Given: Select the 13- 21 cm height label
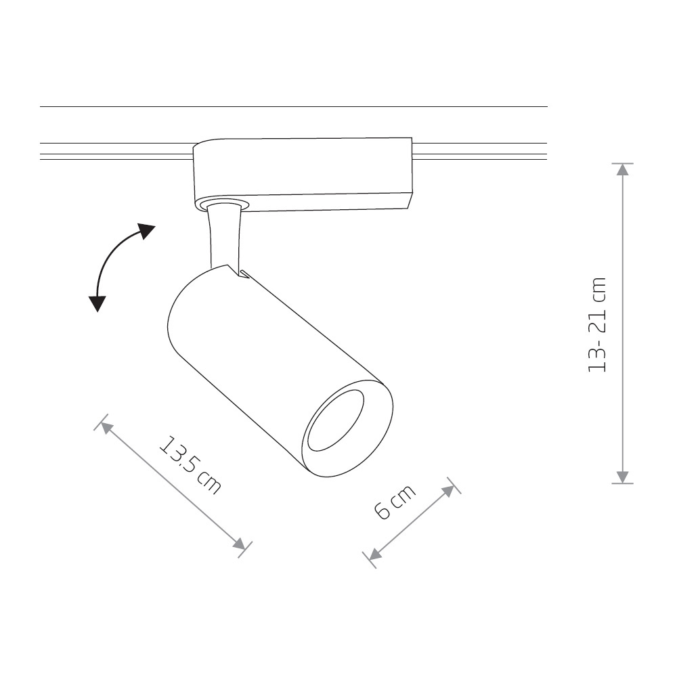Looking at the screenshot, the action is [598, 324].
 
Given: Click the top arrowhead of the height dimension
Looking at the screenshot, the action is [622, 170].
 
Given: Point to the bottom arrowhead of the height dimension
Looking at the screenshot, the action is [622, 477].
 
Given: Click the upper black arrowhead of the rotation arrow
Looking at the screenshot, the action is [146, 231].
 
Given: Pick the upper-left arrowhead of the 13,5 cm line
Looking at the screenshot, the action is [107, 428].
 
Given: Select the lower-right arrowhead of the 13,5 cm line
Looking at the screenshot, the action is [239, 544].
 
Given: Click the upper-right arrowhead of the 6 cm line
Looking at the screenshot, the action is [448, 490].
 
